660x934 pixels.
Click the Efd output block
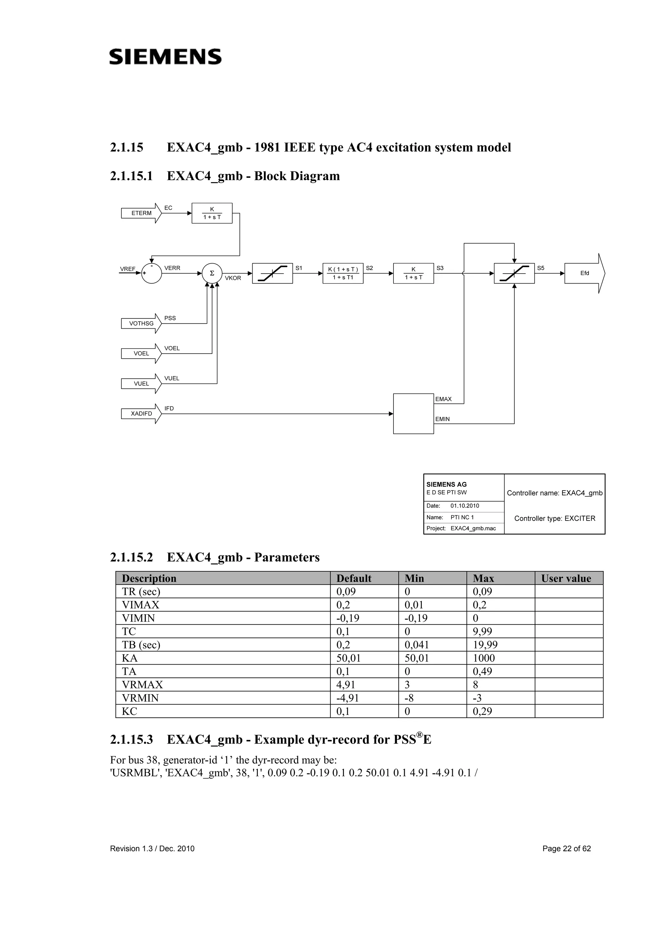click(x=584, y=273)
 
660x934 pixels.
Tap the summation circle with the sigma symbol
click(x=212, y=273)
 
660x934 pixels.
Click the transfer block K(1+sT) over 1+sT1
click(x=343, y=273)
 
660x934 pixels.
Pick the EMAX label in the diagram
click(x=443, y=399)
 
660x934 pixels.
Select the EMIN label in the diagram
click(x=442, y=419)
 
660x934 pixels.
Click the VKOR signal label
click(x=233, y=278)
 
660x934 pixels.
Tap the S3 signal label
click(x=440, y=268)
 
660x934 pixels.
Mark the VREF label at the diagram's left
click(x=127, y=269)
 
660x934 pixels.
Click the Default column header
click(x=354, y=579)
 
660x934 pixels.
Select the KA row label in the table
click(x=130, y=658)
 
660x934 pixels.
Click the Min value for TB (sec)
click(x=417, y=645)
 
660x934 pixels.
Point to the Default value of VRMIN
click(x=348, y=698)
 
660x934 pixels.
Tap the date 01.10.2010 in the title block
click(x=465, y=506)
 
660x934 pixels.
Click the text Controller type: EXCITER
click(x=555, y=518)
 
